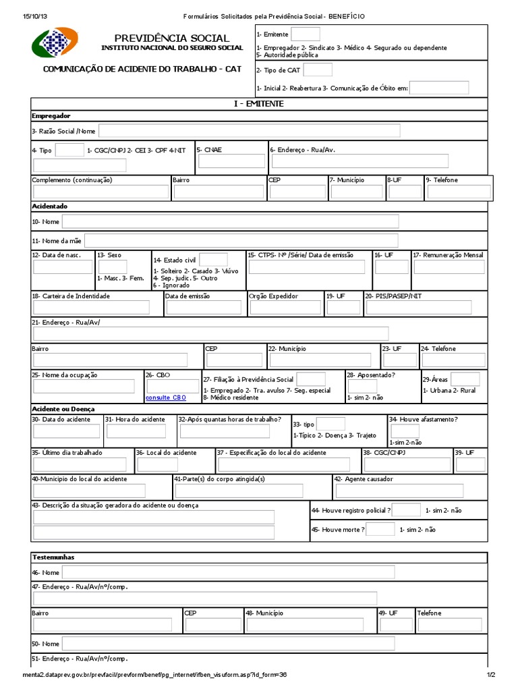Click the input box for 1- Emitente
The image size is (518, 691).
(x=306, y=34)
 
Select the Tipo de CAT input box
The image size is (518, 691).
(x=318, y=70)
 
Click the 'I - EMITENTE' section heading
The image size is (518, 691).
(x=258, y=104)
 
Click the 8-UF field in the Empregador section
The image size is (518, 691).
(x=405, y=192)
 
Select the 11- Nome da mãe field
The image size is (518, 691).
(x=241, y=241)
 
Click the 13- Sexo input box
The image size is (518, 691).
(x=112, y=267)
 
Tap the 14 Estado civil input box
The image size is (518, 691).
(x=213, y=259)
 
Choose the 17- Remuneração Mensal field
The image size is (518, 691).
(x=449, y=267)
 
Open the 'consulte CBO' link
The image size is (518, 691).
(x=166, y=398)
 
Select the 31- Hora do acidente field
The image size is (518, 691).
(x=136, y=431)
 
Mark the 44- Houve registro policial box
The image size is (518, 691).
(x=406, y=510)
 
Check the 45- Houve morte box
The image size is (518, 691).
(x=380, y=529)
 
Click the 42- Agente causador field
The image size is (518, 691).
(x=409, y=491)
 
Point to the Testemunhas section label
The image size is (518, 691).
(x=53, y=557)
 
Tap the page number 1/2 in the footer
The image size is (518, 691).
(x=490, y=674)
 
